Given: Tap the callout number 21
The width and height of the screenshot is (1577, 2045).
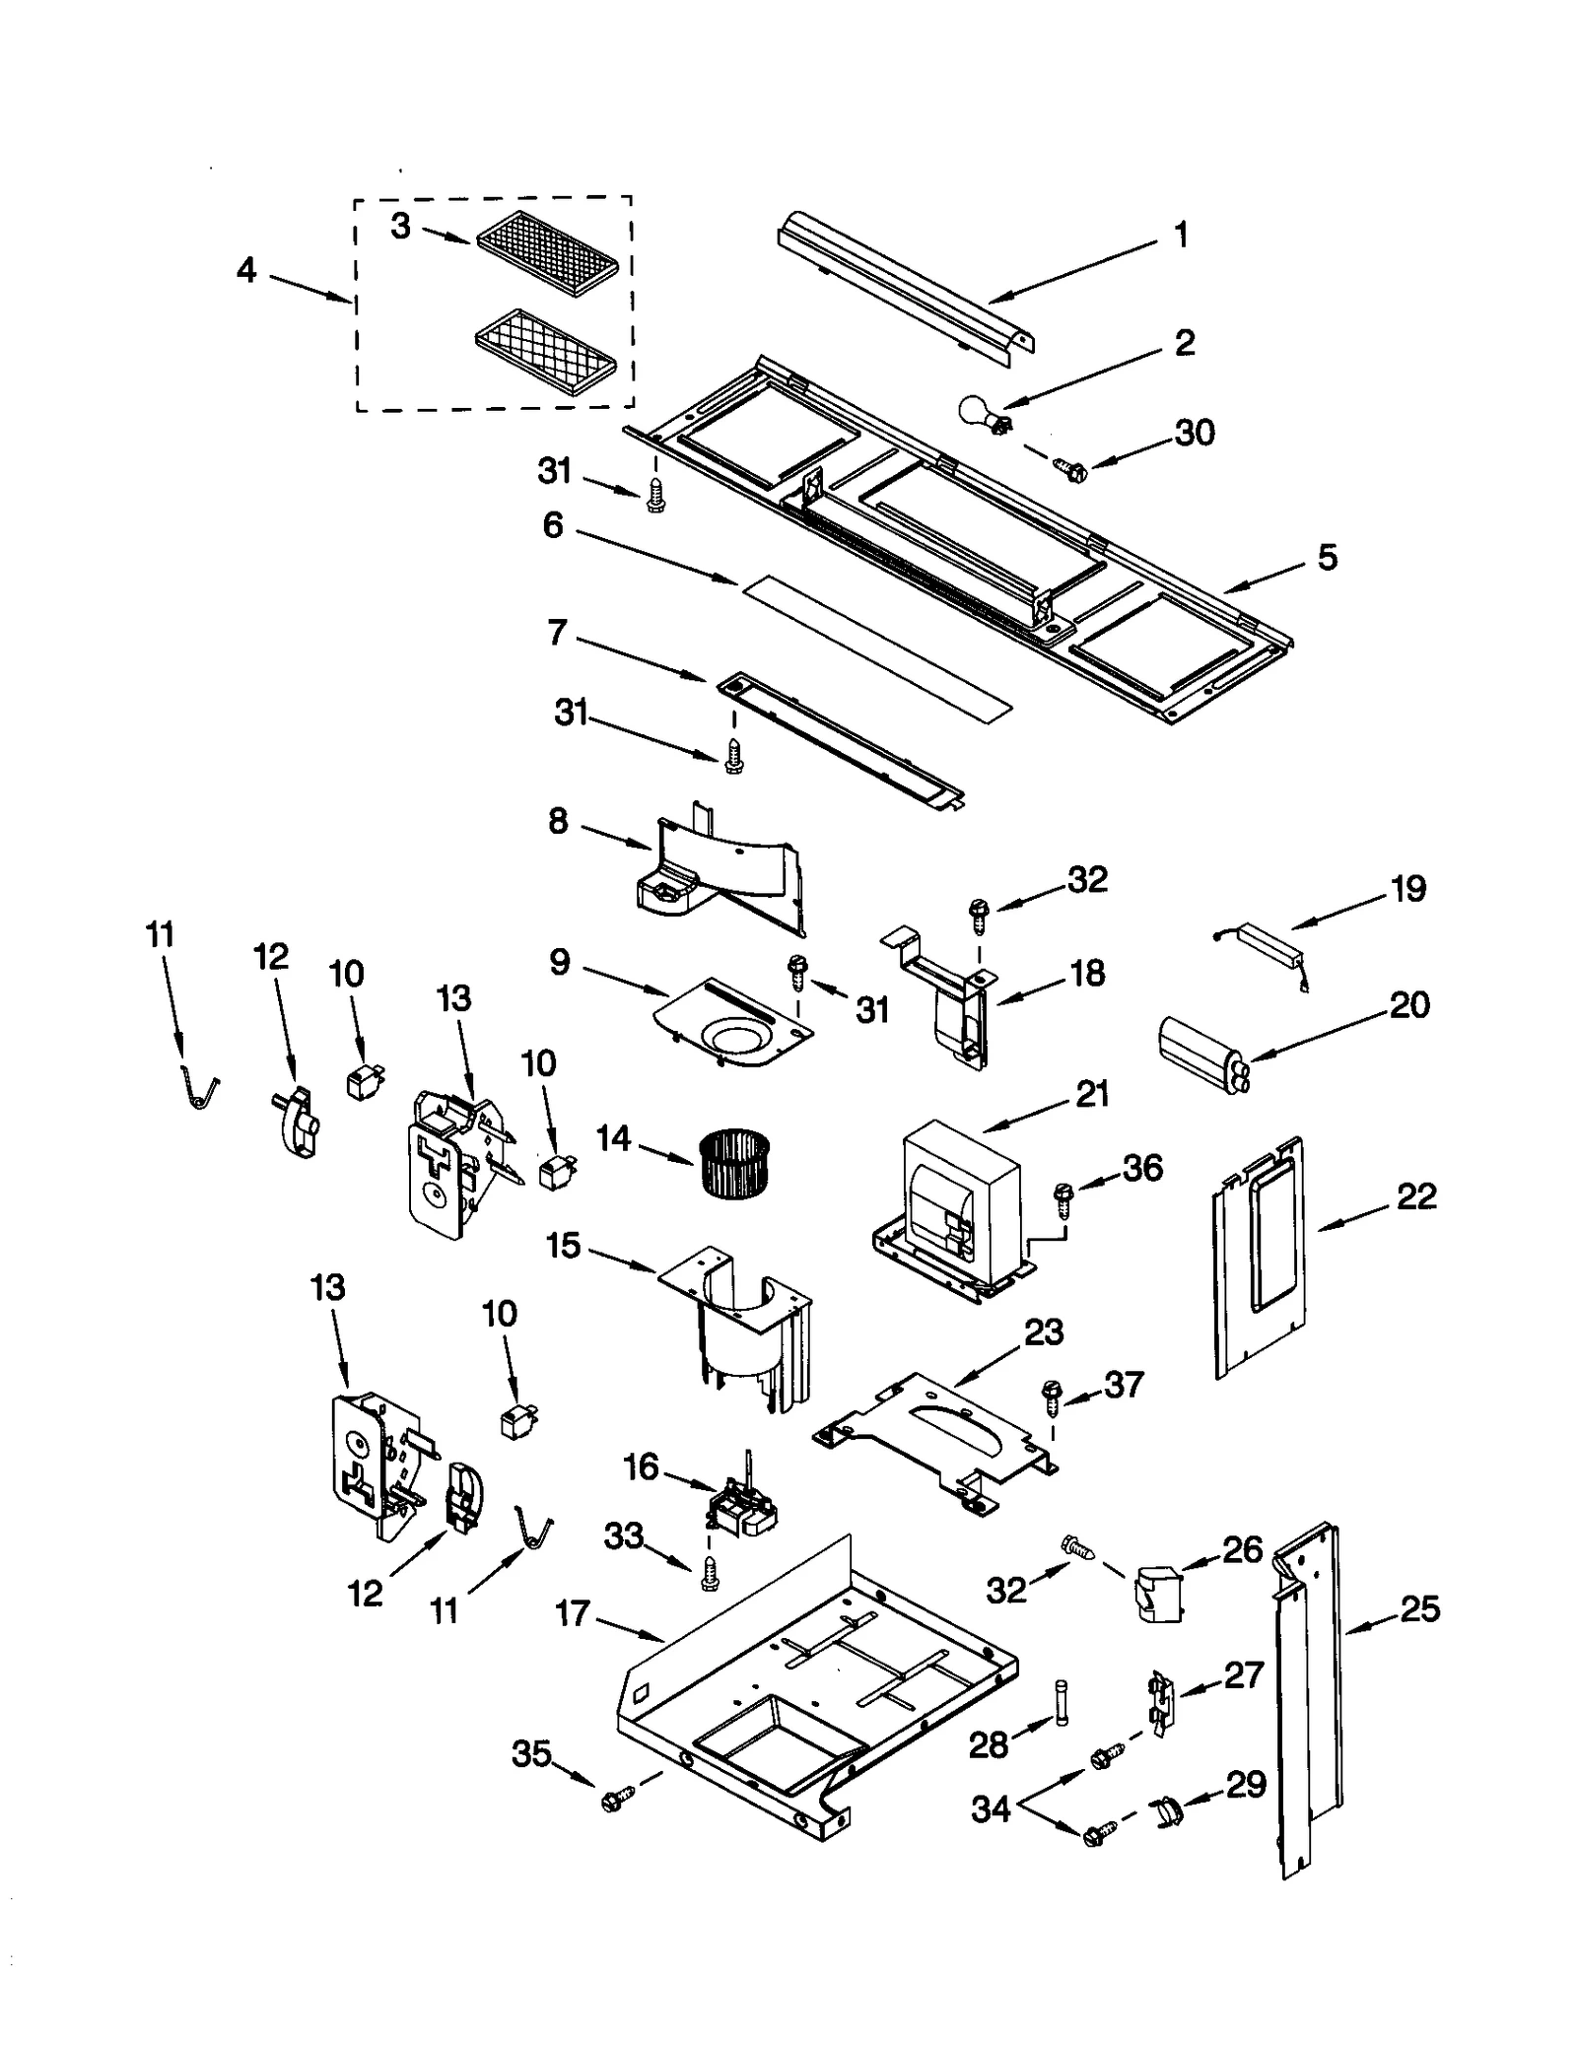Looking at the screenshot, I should tap(1092, 1094).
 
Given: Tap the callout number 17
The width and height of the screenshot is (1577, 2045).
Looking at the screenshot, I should tap(572, 1614).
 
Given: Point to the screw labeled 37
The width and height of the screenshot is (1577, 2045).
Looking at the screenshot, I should tap(1051, 1396).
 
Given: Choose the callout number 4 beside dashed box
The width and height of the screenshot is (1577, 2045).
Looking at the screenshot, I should tap(246, 269).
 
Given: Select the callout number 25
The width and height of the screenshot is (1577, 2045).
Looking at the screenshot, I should tap(1419, 1609).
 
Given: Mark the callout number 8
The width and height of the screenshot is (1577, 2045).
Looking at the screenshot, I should tap(559, 820).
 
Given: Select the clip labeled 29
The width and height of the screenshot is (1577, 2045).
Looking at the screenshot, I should tap(1165, 1811).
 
